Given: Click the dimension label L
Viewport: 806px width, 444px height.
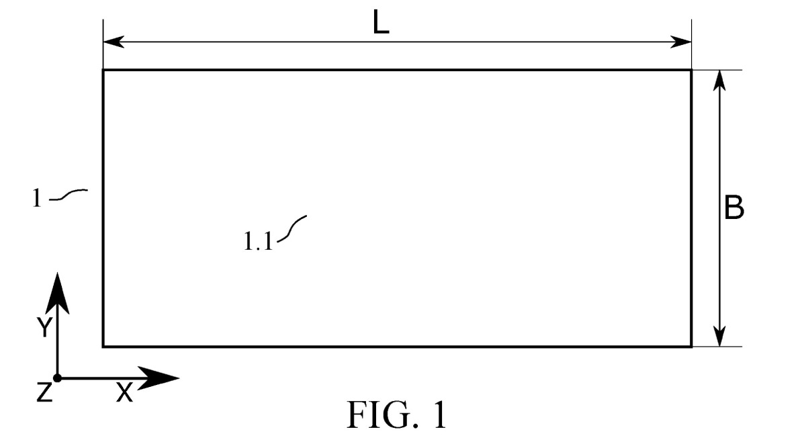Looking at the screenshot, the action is [381, 22].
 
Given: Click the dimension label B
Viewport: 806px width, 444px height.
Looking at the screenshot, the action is [733, 208].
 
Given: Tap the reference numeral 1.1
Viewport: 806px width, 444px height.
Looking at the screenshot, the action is [258, 240].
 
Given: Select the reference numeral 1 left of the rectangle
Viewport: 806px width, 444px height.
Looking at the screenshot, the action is [37, 198].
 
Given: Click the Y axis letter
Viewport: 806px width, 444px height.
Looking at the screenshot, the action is [44, 327].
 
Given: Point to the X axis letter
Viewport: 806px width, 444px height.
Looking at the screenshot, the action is [124, 392].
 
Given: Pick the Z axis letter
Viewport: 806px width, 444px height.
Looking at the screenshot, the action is [44, 392].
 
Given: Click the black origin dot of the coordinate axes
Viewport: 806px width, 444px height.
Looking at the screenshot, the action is [57, 378].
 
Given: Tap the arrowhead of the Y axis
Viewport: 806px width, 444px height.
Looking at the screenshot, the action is [58, 294].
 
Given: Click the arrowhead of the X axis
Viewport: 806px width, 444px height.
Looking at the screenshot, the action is [159, 378].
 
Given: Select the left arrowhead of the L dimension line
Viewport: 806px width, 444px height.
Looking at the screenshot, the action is [114, 42].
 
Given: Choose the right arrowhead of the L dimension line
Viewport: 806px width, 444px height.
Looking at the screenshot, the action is [680, 42].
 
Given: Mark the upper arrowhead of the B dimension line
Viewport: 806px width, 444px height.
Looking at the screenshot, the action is [719, 81].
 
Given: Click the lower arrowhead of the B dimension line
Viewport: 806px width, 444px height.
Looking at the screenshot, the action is [719, 336].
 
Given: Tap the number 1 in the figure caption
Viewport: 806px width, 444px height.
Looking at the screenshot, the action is [440, 414].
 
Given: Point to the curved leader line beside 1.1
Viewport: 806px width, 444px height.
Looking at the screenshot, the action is [291, 229].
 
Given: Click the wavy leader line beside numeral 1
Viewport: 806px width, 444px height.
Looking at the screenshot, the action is [69, 194].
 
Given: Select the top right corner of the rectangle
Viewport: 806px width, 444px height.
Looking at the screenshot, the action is [691, 70].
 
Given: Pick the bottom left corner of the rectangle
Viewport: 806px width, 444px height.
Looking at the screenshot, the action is [103, 347].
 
